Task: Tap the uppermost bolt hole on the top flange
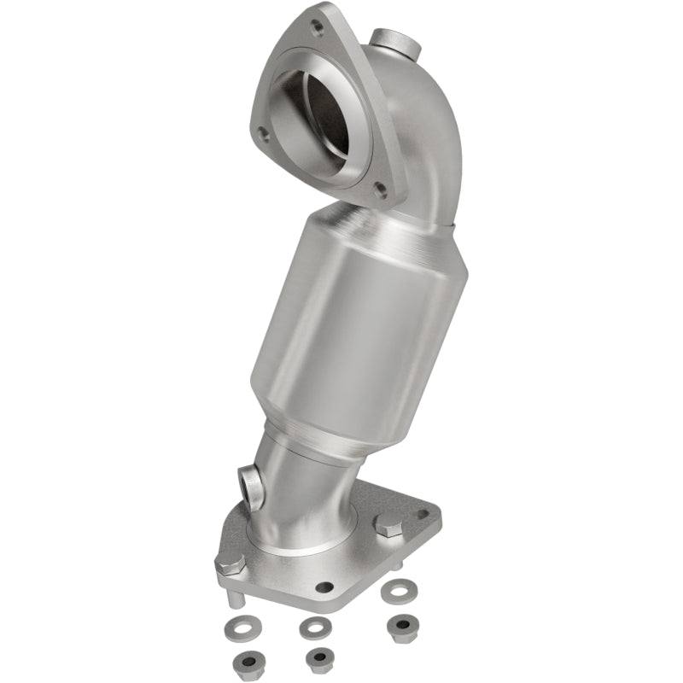point(318,28)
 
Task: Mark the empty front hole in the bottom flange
point(324,587)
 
